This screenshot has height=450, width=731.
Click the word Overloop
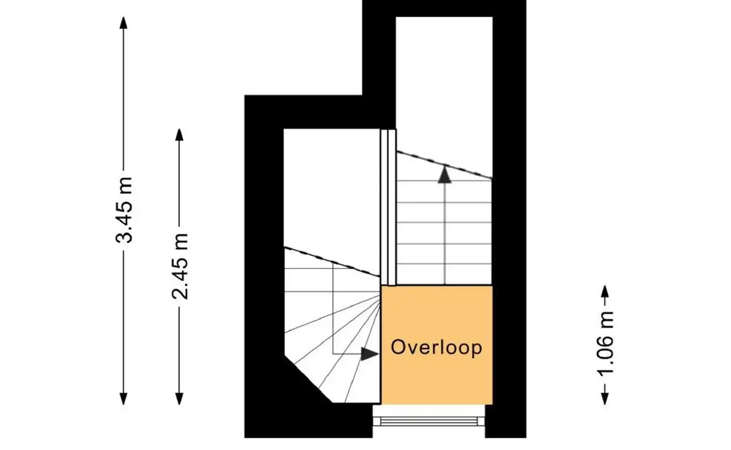pyautogui.click(x=436, y=348)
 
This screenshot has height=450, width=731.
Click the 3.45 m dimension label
pyautogui.click(x=124, y=210)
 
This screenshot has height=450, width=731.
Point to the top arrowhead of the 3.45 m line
pyautogui.click(x=124, y=22)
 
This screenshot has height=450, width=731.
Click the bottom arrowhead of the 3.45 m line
pyautogui.click(x=124, y=398)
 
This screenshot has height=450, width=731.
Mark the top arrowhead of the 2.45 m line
pyautogui.click(x=179, y=135)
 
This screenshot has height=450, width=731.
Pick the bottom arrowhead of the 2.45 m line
pyautogui.click(x=179, y=398)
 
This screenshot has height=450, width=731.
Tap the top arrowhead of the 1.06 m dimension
pyautogui.click(x=604, y=291)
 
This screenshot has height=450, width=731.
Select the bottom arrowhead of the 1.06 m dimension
pyautogui.click(x=604, y=398)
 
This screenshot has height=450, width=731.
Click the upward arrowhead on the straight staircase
pyautogui.click(x=445, y=175)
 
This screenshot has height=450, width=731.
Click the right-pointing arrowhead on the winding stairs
pyautogui.click(x=370, y=354)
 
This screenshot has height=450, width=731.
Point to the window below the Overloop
pyautogui.click(x=429, y=421)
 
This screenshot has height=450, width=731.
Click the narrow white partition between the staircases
pyautogui.click(x=388, y=207)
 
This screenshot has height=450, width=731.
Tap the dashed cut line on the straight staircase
pyautogui.click(x=444, y=165)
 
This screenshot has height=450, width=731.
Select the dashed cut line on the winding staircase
pyautogui.click(x=332, y=262)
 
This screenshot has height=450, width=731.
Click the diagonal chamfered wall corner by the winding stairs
pyautogui.click(x=308, y=379)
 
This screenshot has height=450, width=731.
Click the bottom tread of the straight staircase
pyautogui.click(x=444, y=274)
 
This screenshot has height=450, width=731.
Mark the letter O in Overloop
pyautogui.click(x=398, y=347)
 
